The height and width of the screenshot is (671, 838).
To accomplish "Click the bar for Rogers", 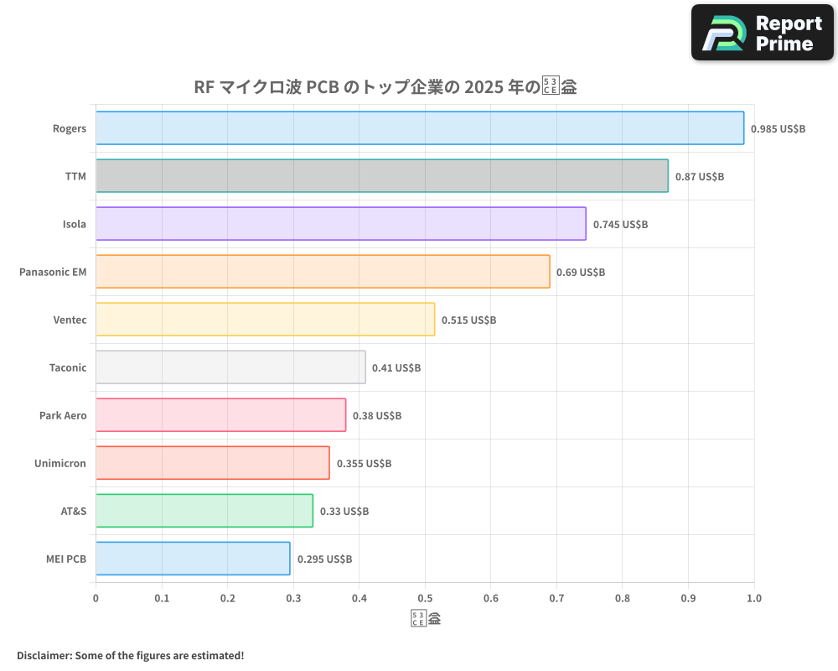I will coord(419,128).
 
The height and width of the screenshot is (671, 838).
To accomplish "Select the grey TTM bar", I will coord(381,176).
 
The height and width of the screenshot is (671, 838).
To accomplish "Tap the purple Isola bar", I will coord(340,224).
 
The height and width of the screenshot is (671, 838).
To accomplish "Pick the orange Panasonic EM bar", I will coord(323,272).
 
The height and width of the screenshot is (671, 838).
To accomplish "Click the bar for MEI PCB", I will coord(193,559).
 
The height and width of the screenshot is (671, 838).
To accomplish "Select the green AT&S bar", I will coord(204,511).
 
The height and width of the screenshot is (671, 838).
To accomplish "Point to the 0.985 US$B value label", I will coord(778,129).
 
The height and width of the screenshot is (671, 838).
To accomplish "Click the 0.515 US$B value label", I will coord(468,320).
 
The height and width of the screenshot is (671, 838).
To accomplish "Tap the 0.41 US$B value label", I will coord(396,368).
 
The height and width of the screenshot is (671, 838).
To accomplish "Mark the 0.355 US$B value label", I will coord(364,464).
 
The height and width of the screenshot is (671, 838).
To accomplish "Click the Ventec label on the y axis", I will coord(70,320).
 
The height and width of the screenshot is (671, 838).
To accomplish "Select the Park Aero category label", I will coord(63,416).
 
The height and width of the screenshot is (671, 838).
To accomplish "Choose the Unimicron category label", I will coord(60,464).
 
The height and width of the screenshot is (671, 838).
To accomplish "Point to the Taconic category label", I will coord(68,368).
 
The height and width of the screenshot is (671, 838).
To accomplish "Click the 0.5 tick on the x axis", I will coord(425,599).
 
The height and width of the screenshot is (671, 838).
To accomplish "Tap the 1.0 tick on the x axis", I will coord(754,599).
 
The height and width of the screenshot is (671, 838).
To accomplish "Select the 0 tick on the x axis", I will coord(96,599).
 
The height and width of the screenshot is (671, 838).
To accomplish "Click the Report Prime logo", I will coord(763,33).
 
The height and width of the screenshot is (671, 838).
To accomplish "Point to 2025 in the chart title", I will coord(484,87).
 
